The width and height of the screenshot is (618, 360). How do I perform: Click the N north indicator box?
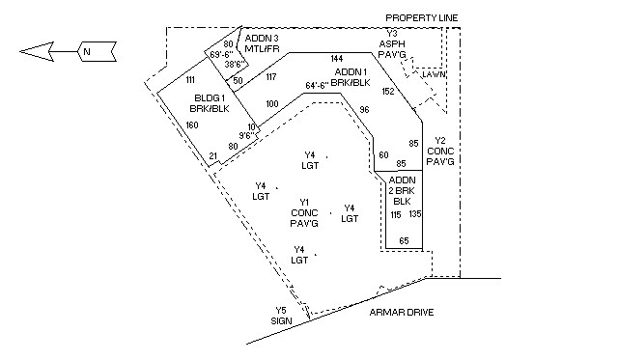click(x=86, y=49)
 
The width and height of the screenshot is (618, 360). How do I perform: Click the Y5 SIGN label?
click(x=282, y=316)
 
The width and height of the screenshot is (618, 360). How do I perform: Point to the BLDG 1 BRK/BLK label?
click(x=210, y=104)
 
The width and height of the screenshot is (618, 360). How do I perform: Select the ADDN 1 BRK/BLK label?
click(x=352, y=77)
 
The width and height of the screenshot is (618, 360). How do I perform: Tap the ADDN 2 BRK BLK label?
click(x=402, y=190)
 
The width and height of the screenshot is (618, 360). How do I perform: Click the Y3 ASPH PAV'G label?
click(x=391, y=44)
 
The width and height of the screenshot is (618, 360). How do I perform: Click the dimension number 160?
click(x=192, y=125)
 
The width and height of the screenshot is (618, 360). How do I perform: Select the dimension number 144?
click(x=337, y=59)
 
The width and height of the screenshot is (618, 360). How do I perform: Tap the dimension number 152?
click(x=388, y=91)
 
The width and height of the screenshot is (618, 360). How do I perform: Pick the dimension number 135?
click(x=416, y=213)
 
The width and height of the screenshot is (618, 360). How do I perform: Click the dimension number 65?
click(x=405, y=239)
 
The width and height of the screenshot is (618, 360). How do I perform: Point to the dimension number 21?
click(x=212, y=155)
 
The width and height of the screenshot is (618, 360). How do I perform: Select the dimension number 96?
click(x=365, y=109)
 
